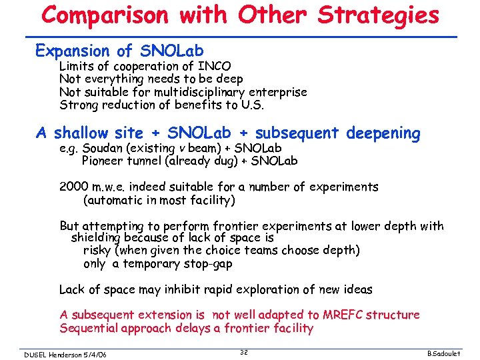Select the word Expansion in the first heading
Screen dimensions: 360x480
coord(72,51)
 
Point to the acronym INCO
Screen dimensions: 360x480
coord(215,66)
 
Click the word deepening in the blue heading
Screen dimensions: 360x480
coord(383,134)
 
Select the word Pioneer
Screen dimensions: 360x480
coord(102,161)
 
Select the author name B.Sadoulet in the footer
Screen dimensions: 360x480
coord(453,355)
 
